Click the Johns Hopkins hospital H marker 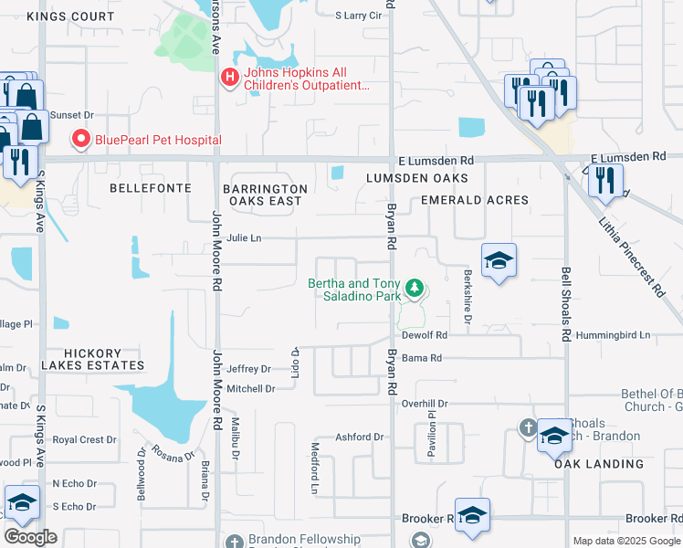[x=230, y=79]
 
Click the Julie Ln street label [x=244, y=237]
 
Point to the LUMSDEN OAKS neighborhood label [x=417, y=178]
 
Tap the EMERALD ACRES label [x=474, y=200]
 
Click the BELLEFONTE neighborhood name [x=151, y=188]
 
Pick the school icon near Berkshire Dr [x=499, y=261]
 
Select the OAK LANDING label [x=598, y=464]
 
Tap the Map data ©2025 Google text [x=625, y=541]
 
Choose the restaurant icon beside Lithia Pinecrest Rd [x=604, y=181]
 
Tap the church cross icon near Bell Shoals [x=528, y=427]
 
